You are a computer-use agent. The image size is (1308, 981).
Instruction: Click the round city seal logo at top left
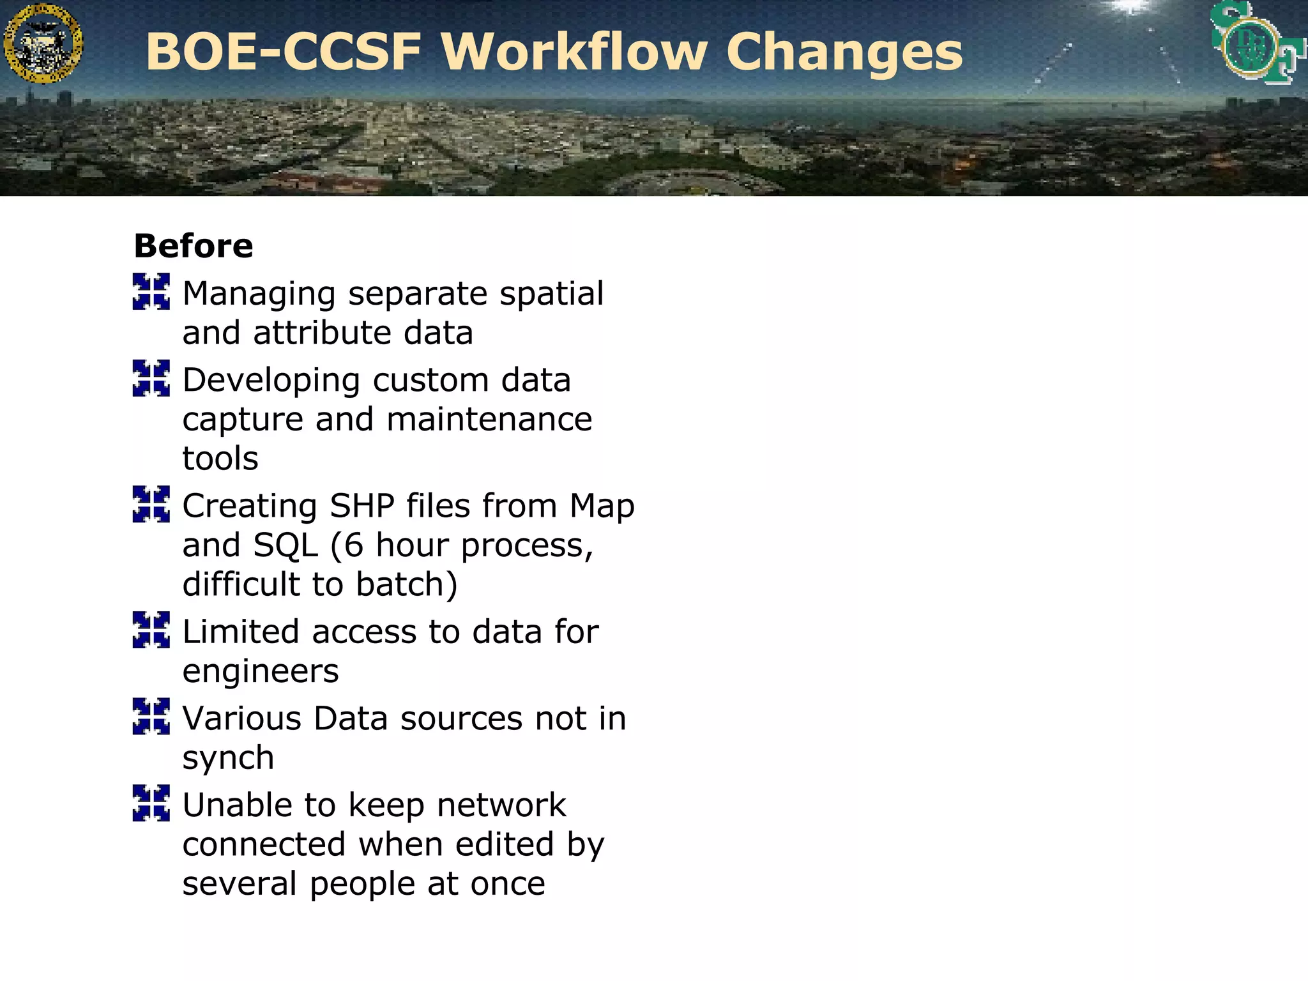tap(43, 43)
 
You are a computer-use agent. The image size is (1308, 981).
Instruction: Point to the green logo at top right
tap(1255, 43)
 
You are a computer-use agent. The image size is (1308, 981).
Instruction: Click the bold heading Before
tap(194, 247)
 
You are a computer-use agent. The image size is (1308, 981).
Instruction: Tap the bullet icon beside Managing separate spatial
tap(151, 292)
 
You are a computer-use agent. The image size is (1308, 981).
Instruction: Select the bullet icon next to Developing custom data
tap(151, 378)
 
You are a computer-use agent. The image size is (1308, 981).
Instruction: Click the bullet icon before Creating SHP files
tap(151, 504)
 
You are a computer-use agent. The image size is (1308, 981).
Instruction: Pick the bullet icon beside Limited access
tap(151, 630)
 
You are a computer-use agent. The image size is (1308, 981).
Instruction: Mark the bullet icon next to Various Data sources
tap(151, 716)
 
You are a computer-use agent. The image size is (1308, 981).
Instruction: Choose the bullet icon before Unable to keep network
tap(151, 803)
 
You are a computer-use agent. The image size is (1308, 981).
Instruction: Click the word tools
tap(220, 459)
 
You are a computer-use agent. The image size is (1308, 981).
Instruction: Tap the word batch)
tap(407, 584)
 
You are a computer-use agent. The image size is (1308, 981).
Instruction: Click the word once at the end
tap(508, 884)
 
